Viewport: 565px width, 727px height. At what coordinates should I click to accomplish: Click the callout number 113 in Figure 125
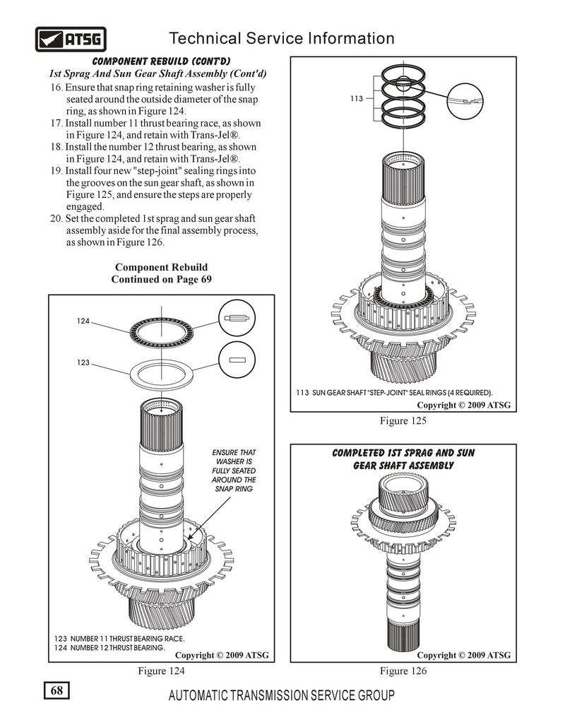(x=357, y=100)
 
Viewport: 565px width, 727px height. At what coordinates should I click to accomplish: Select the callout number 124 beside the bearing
(x=83, y=321)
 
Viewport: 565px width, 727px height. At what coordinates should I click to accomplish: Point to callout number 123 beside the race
(x=83, y=362)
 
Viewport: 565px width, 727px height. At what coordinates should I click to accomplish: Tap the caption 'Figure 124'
(x=162, y=671)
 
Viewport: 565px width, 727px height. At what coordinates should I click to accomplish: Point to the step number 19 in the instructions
(x=56, y=171)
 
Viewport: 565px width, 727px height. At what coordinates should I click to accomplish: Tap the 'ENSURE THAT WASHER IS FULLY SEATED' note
(x=234, y=471)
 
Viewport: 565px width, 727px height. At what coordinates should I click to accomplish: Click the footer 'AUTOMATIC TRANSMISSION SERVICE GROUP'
(x=282, y=695)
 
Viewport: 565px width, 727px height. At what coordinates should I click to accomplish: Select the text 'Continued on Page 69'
(x=161, y=279)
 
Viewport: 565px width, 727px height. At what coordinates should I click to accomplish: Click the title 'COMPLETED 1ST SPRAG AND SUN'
(x=403, y=453)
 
